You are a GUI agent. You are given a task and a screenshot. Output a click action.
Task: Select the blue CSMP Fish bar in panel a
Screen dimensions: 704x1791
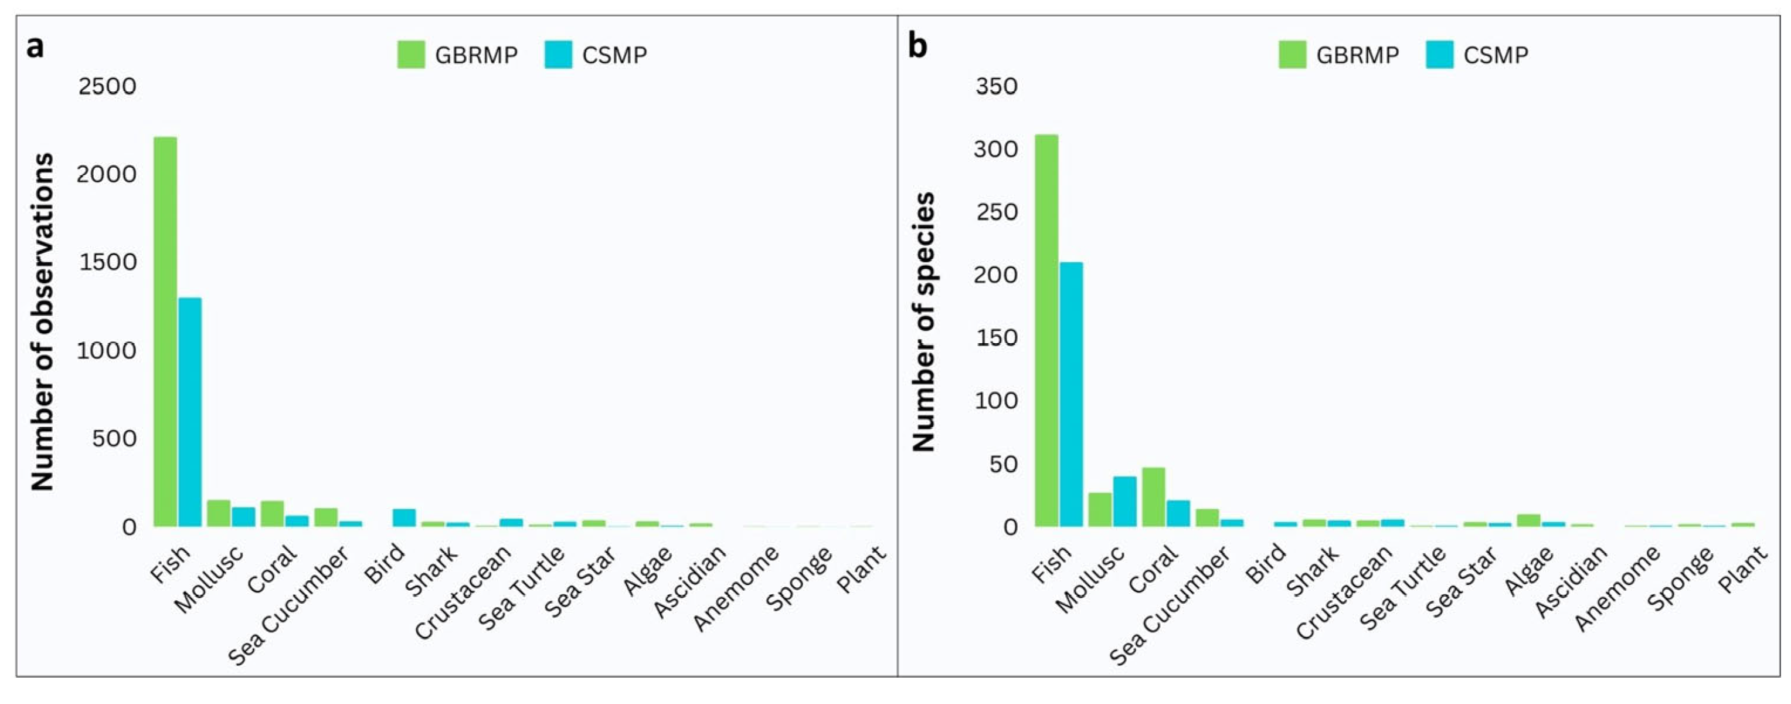(190, 412)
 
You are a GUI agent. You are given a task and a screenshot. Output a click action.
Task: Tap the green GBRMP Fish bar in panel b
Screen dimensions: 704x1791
(1046, 330)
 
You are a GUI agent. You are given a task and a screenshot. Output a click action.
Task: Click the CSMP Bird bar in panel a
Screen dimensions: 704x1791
(404, 517)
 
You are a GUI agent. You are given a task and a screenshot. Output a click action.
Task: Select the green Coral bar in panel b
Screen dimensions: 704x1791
(1153, 497)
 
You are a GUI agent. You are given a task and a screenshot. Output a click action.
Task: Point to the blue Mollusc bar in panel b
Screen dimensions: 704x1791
(1125, 501)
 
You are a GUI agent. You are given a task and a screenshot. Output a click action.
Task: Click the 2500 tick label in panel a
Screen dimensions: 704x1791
(107, 86)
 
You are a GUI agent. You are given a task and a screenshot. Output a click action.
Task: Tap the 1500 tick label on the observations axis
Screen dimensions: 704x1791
(107, 262)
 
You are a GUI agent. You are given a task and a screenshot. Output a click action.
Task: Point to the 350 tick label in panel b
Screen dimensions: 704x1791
(996, 86)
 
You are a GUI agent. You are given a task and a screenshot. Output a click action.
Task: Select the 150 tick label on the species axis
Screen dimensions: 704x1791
(996, 338)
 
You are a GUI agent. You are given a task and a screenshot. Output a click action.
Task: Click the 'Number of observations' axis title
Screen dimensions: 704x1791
(42, 321)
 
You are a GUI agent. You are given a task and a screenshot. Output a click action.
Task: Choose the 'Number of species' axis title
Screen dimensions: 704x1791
(923, 321)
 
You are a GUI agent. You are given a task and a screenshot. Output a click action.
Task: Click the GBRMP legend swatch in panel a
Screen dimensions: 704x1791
(411, 55)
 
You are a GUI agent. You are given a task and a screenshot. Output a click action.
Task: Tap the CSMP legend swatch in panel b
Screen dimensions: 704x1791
(1439, 55)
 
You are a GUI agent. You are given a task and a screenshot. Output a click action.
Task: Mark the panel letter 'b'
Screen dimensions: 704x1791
(917, 46)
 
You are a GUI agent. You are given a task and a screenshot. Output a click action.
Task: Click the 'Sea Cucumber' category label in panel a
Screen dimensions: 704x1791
(288, 605)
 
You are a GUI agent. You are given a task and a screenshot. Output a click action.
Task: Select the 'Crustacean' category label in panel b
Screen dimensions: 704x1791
(1344, 592)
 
